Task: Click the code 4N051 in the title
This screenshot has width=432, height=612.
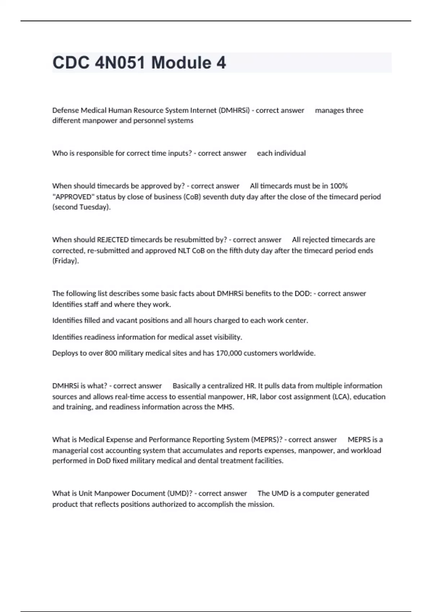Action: [120, 63]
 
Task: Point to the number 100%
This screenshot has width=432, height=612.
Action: [339, 186]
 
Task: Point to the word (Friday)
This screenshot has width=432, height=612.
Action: [66, 261]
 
